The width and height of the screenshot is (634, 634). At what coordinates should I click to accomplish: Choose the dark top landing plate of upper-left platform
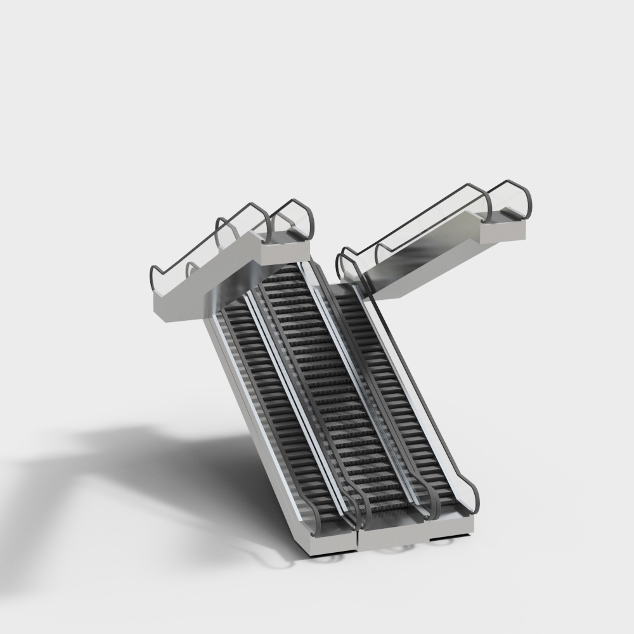pos(288,235)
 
